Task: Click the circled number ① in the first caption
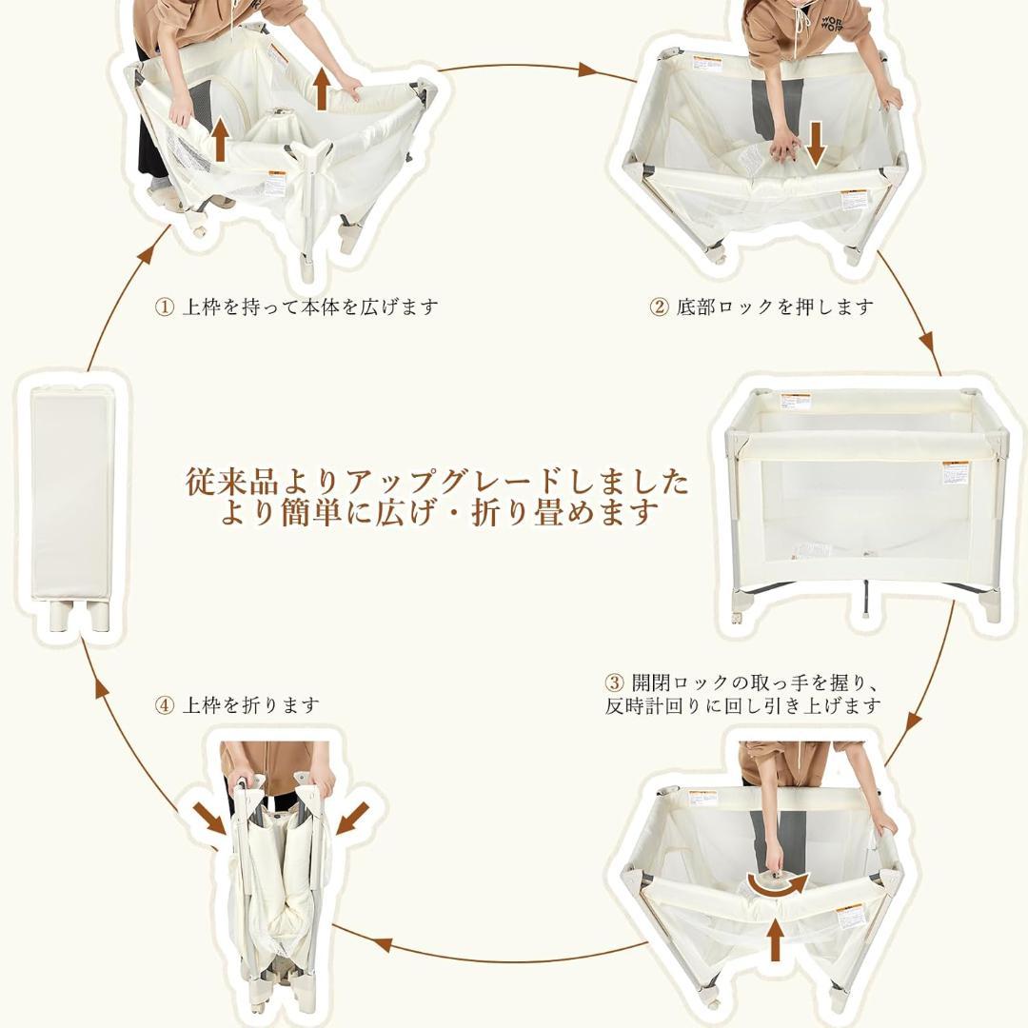165,307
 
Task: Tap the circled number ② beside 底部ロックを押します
659,307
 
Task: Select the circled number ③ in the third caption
615,683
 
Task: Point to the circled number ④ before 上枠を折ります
165,705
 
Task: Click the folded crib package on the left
72,495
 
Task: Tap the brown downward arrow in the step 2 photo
815,142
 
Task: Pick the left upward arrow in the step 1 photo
220,138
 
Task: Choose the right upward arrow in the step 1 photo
322,89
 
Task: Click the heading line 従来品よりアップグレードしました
437,482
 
